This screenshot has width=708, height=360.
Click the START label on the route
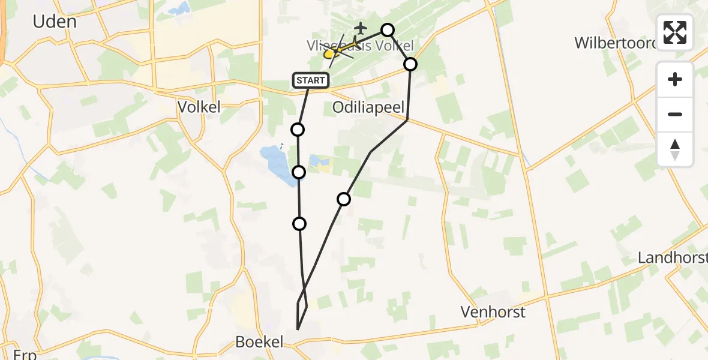click(311, 80)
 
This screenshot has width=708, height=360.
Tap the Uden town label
click(55, 22)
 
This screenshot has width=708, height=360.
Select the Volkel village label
click(199, 107)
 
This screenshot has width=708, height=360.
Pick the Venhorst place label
click(493, 312)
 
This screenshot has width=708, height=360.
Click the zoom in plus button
click(675, 79)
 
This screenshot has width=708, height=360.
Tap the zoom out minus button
click(675, 114)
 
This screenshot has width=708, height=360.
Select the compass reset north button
click(675, 149)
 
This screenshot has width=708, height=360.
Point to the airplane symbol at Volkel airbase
click(361, 28)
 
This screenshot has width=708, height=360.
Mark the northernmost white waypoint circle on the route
click(388, 30)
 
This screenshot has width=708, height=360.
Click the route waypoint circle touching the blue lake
click(299, 173)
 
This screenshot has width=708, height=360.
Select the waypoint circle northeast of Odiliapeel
click(410, 64)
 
